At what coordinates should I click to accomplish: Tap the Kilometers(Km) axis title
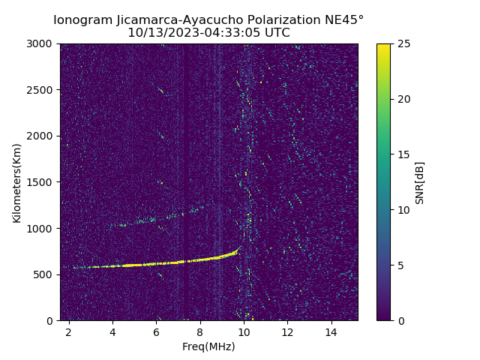[17, 182]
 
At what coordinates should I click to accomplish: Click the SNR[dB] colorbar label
[420, 182]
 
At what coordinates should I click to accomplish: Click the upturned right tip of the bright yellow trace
[239, 247]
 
